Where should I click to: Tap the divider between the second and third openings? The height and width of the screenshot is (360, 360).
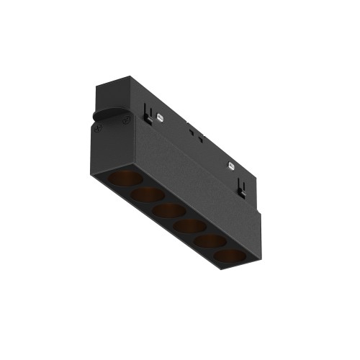click(x=158, y=203)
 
